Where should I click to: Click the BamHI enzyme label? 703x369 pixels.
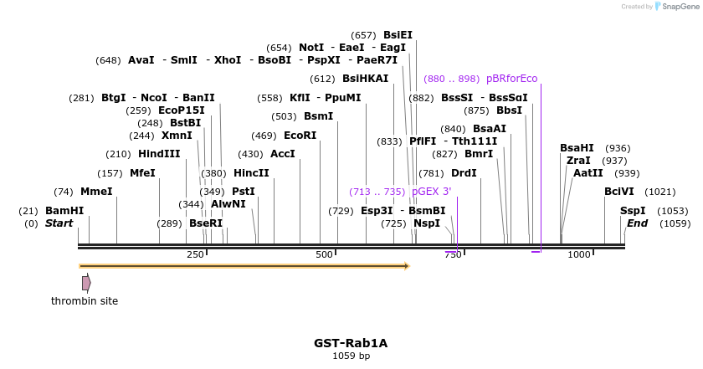click(64, 211)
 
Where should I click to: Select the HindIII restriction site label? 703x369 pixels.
click(159, 154)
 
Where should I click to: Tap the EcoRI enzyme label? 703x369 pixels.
click(300, 136)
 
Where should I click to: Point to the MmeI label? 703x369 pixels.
click(96, 192)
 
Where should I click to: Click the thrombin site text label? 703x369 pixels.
click(85, 301)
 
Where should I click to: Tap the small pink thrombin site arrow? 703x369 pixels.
click(86, 283)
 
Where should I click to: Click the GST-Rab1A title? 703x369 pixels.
click(351, 343)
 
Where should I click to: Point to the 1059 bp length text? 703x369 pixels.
click(351, 356)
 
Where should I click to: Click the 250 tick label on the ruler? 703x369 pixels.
click(195, 255)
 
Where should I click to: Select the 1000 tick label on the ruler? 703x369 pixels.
click(579, 255)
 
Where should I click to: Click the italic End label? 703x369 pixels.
click(637, 223)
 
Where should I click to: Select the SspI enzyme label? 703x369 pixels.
click(634, 211)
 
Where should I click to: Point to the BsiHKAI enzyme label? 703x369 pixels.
click(365, 79)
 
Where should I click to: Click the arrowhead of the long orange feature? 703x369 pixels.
click(407, 266)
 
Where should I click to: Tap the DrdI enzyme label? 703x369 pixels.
click(464, 173)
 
